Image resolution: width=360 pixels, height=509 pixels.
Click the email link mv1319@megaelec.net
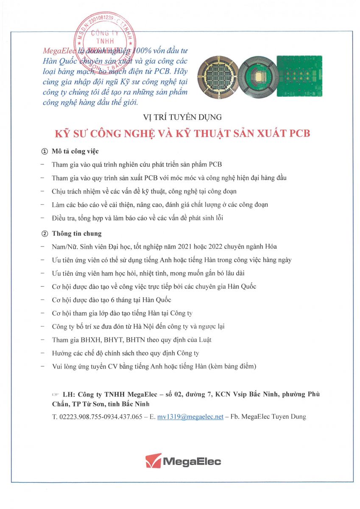[x=190, y=417]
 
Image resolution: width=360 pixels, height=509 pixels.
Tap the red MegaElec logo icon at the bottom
[x=153, y=461]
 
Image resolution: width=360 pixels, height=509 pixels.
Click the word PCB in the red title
[x=299, y=133]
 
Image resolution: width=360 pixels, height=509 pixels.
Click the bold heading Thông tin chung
[x=77, y=234]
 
